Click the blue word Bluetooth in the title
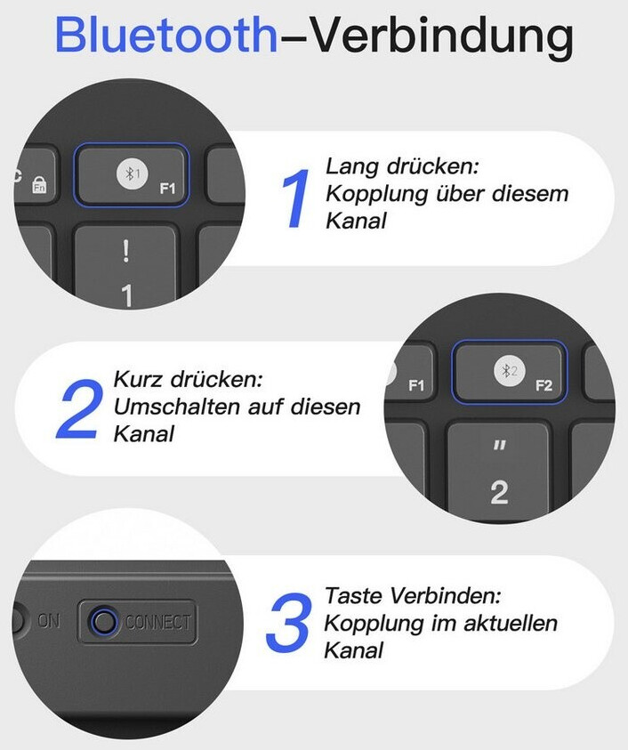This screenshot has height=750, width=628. (166, 35)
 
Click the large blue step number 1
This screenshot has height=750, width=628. (296, 198)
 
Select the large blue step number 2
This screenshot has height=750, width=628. (80, 408)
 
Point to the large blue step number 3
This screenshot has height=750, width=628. (289, 622)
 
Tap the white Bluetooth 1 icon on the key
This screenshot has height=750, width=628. (132, 173)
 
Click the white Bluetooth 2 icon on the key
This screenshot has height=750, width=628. (510, 370)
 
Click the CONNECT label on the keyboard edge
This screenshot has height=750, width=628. (157, 622)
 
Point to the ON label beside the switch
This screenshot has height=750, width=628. (49, 620)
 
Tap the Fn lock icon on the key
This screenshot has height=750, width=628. (39, 185)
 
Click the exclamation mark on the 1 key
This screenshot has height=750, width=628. (125, 251)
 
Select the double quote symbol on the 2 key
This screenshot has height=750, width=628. (499, 446)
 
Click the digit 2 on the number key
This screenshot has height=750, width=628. (499, 492)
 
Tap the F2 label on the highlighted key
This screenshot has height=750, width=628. (543, 385)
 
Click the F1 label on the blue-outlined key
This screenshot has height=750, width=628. (167, 189)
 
